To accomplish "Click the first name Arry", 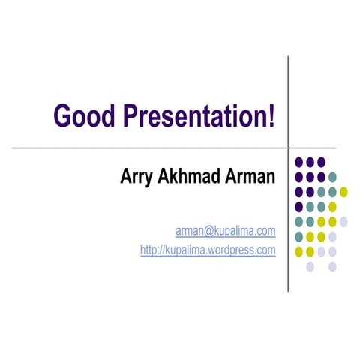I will pyautogui.click(x=136, y=178).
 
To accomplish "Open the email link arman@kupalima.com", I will pyautogui.click(x=225, y=231).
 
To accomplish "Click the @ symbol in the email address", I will pyautogui.click(x=203, y=231).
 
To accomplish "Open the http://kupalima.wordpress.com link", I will pyautogui.click(x=208, y=250).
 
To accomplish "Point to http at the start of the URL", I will pyautogui.click(x=148, y=250).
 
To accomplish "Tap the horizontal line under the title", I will pyautogui.click(x=150, y=148).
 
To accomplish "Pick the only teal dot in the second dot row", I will pyautogui.click(x=332, y=177).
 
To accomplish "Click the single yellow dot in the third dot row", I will pyautogui.click(x=343, y=192).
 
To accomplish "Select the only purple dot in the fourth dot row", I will pyautogui.click(x=299, y=206).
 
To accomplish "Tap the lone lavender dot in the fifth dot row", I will pyautogui.click(x=343, y=221).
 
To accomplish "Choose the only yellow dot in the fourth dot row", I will pyautogui.click(x=332, y=206).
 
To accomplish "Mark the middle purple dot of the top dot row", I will pyautogui.click(x=310, y=162).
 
